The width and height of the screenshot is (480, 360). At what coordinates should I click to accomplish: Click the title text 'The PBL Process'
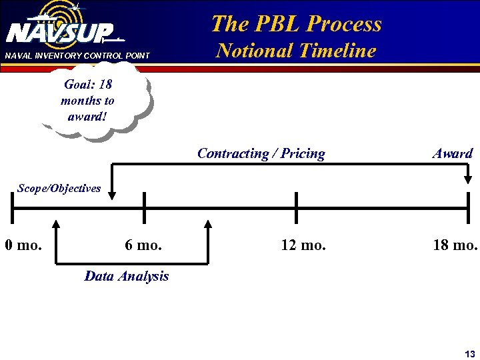tap(296, 24)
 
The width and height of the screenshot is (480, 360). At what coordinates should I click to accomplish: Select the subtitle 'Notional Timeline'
tap(297, 51)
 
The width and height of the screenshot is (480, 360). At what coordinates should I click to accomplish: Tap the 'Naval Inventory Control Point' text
tap(77, 55)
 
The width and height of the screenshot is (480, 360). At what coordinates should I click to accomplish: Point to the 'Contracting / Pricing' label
tap(261, 154)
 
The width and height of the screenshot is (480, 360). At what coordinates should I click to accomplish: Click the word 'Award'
tap(453, 154)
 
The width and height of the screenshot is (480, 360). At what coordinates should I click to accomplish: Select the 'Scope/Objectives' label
tap(59, 188)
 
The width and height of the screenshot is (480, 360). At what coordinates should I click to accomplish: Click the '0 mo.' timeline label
tap(23, 245)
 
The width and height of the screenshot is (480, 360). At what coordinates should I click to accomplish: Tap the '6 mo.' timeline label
tap(143, 245)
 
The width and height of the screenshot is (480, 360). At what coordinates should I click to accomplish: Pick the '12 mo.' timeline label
tap(303, 245)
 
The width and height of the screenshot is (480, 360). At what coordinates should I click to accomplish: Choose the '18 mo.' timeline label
tap(455, 245)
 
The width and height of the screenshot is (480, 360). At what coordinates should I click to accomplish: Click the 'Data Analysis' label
tap(127, 276)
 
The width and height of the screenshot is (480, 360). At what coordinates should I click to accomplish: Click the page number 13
tap(470, 353)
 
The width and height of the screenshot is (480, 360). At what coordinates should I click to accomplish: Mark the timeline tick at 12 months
tap(296, 209)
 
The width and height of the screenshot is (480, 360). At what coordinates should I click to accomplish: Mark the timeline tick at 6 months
tap(144, 209)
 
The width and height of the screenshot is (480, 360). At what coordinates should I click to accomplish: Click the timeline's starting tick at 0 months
tap(13, 209)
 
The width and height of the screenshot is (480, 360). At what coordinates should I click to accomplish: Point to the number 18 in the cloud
tap(104, 85)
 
